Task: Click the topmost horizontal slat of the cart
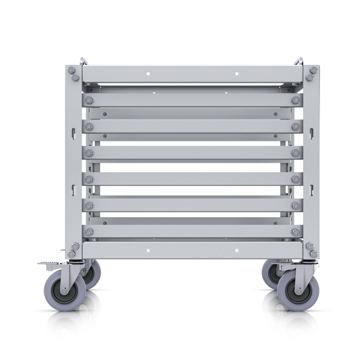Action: point(192,100)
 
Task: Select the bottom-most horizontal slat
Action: point(192,231)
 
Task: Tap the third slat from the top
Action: point(192,153)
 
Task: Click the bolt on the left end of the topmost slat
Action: point(89,100)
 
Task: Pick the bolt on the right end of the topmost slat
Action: point(295,100)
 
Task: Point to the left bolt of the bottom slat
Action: point(89,232)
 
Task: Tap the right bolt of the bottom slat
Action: point(295,232)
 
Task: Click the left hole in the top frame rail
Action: point(148,74)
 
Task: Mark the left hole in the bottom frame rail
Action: point(148,247)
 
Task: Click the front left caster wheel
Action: point(61,290)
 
